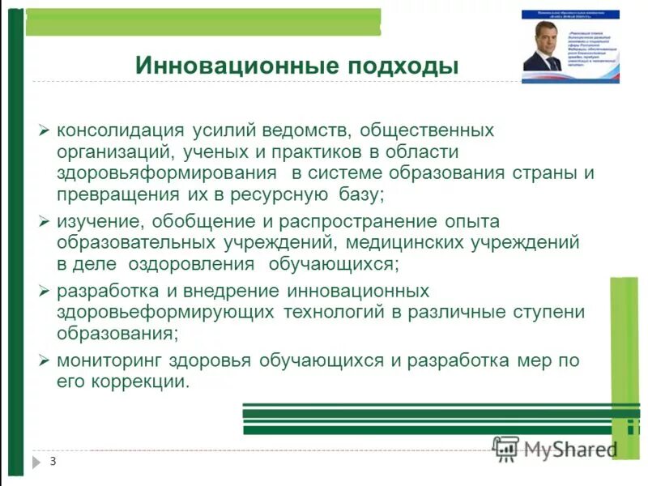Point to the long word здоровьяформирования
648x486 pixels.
coord(166,173)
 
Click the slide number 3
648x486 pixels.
coord(53,462)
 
